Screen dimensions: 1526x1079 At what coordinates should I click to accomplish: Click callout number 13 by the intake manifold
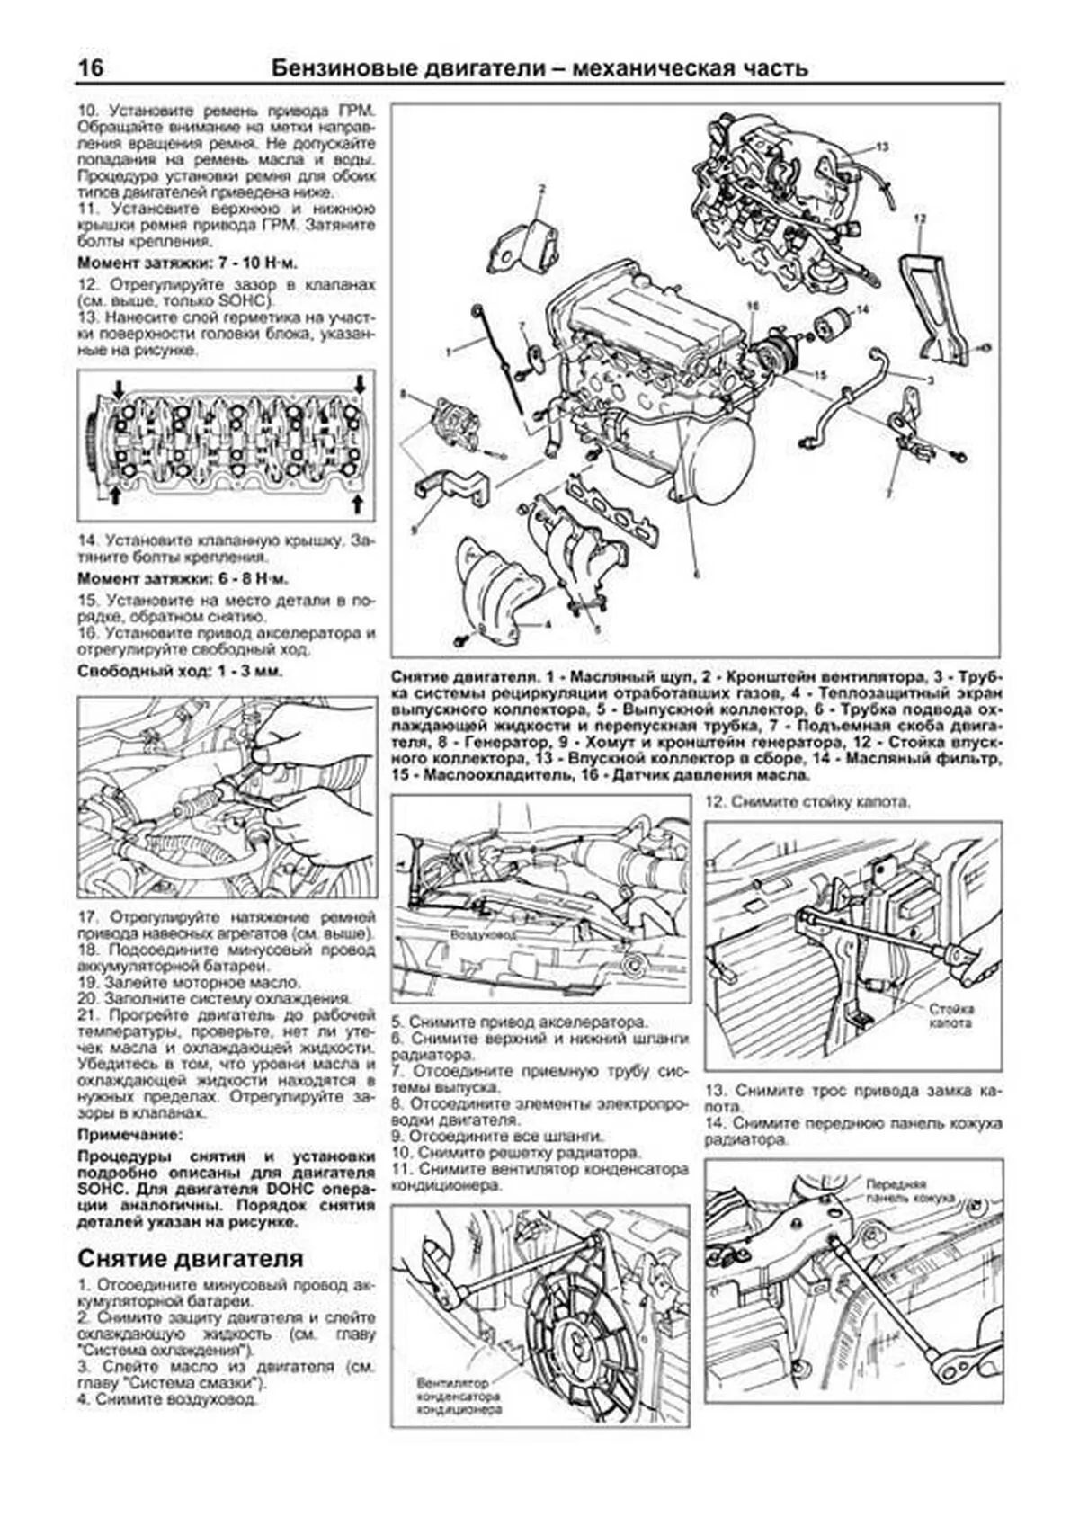point(882,146)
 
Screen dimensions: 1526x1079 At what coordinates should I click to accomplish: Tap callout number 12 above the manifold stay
point(918,219)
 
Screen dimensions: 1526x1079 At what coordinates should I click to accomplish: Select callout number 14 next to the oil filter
point(862,309)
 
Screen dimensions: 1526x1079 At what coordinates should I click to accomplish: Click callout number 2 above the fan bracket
point(542,190)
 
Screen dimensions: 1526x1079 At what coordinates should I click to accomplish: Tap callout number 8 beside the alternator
point(404,394)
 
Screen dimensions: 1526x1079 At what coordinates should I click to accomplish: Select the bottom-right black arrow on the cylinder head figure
point(360,497)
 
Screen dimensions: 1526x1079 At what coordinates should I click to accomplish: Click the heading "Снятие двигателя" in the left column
point(191,1257)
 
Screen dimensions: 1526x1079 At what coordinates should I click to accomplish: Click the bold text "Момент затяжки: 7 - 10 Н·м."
point(187,263)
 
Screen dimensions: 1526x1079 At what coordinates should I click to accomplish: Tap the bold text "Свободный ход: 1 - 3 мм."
point(180,671)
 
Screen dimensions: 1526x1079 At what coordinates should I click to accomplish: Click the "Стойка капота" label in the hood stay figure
point(951,1016)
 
